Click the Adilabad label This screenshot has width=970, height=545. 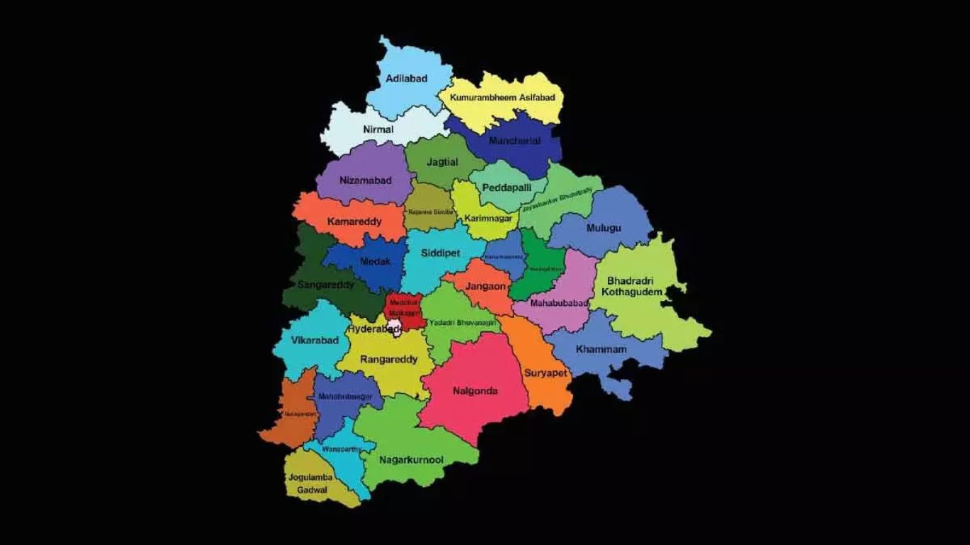tap(406, 79)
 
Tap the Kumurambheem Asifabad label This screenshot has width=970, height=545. tap(502, 97)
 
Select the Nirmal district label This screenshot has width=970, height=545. tap(378, 130)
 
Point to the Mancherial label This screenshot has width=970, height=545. tap(514, 141)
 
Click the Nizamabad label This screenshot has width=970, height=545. tap(365, 180)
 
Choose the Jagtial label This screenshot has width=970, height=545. tap(442, 162)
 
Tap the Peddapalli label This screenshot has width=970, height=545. tap(506, 187)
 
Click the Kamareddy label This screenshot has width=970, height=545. tap(354, 221)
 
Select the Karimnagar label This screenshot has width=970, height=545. tap(488, 218)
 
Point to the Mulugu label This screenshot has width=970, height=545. tap(604, 228)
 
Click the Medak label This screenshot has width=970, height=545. tap(375, 262)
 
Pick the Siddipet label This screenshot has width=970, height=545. tap(440, 253)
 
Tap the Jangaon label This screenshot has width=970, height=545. tap(486, 286)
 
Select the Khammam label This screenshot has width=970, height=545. tap(601, 350)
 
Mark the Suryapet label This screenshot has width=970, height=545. tap(545, 373)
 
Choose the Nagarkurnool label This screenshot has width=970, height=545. tap(411, 460)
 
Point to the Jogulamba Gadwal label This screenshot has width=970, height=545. tap(310, 483)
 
